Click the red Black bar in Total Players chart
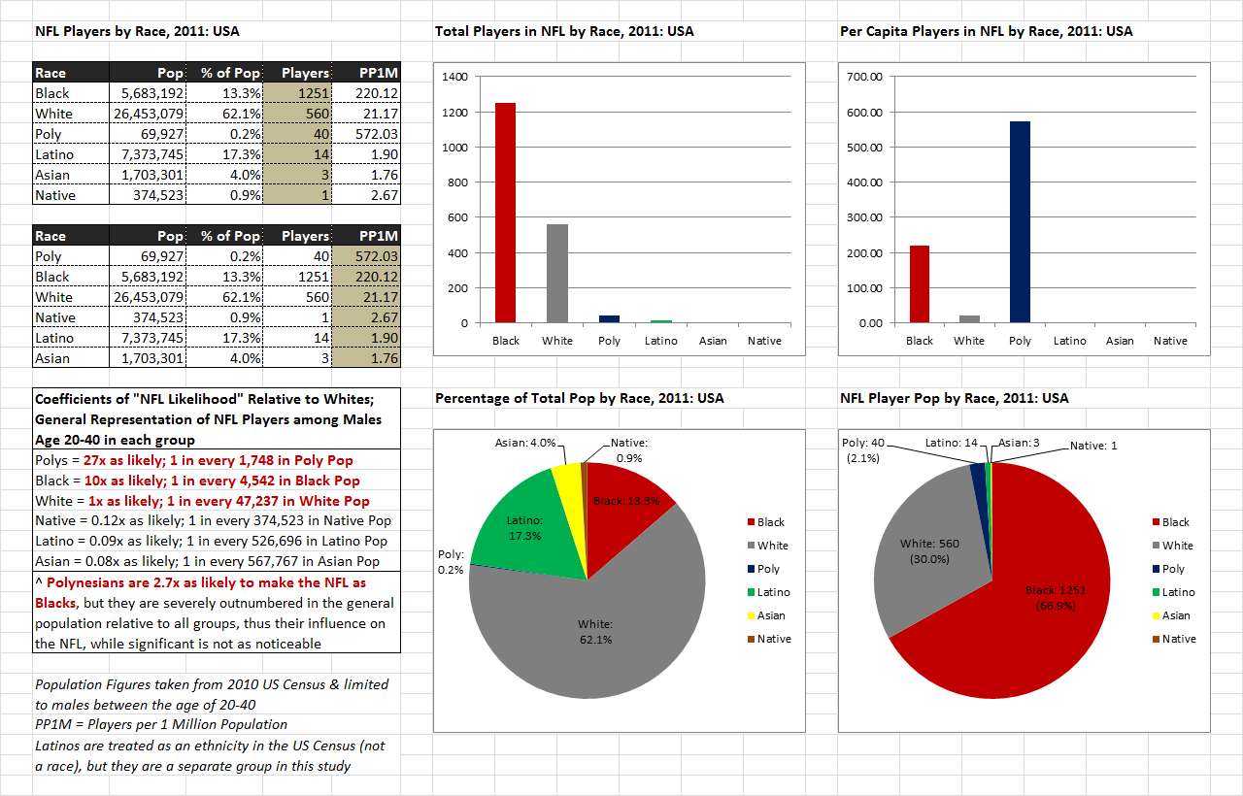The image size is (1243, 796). [506, 213]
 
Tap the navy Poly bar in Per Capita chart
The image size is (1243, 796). [1020, 222]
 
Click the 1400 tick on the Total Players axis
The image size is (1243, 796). [454, 77]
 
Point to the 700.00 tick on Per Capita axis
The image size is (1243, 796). [863, 77]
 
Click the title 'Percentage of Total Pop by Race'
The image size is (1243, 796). [579, 398]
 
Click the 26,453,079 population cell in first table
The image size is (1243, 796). [146, 114]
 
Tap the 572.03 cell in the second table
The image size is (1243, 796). [366, 256]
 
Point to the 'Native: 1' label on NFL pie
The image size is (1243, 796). [1093, 446]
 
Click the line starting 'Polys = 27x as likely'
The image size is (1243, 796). [194, 460]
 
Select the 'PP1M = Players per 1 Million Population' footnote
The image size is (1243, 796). [161, 724]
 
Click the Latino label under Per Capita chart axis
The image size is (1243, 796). [1070, 341]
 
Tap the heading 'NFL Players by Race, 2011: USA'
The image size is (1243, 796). [137, 31]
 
